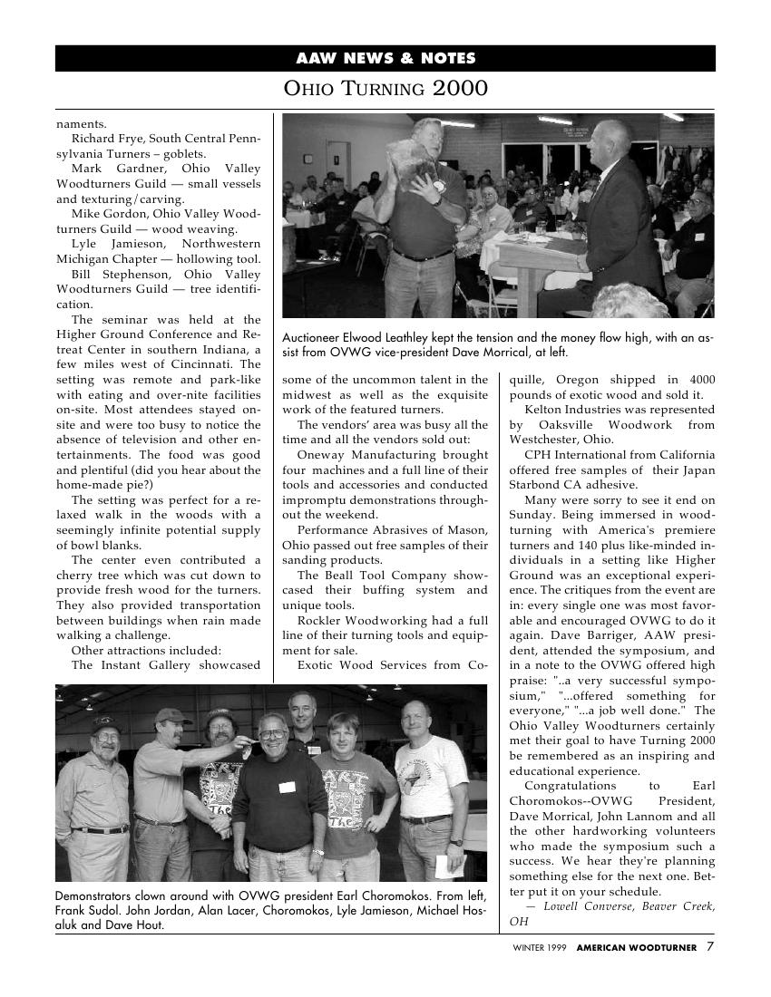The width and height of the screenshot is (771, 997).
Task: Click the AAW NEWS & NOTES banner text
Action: pyautogui.click(x=385, y=59)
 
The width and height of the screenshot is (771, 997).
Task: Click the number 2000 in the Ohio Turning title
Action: pyautogui.click(x=460, y=89)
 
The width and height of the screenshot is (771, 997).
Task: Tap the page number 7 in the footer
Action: pyautogui.click(x=710, y=947)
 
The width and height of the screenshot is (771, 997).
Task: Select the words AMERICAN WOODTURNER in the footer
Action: pyautogui.click(x=637, y=948)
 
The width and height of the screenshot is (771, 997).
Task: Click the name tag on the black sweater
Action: pyautogui.click(x=288, y=787)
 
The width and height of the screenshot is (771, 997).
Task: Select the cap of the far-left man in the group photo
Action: pyautogui.click(x=106, y=723)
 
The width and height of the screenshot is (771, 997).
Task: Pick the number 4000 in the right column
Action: pyautogui.click(x=701, y=380)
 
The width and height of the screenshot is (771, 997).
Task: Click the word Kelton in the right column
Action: pyautogui.click(x=543, y=410)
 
